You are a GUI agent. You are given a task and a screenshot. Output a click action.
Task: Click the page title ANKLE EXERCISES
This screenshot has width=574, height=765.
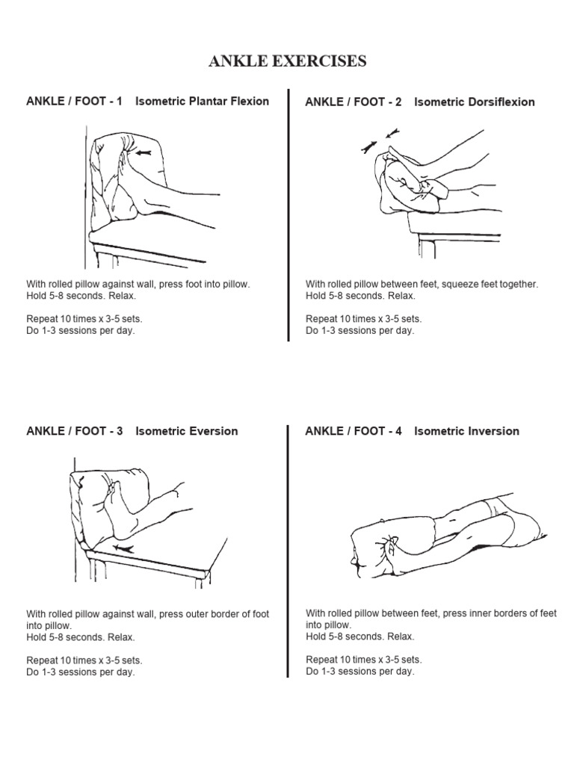[287, 61]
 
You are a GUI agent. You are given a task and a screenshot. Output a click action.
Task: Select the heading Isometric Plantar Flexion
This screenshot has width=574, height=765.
[202, 101]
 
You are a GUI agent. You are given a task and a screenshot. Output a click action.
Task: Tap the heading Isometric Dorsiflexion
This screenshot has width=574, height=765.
[474, 102]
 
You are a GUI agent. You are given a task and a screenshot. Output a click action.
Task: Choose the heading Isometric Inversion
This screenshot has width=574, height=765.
[466, 431]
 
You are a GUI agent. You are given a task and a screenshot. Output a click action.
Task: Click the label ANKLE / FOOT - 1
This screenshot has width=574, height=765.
[75, 101]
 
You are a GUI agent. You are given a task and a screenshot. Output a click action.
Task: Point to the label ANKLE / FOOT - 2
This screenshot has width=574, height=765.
[354, 102]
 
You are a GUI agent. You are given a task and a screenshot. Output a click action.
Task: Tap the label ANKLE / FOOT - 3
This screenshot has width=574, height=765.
[75, 431]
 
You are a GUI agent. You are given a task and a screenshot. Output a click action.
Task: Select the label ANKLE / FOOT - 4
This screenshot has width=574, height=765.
[354, 431]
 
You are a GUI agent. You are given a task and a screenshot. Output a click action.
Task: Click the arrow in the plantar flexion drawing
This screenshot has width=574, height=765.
[144, 152]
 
